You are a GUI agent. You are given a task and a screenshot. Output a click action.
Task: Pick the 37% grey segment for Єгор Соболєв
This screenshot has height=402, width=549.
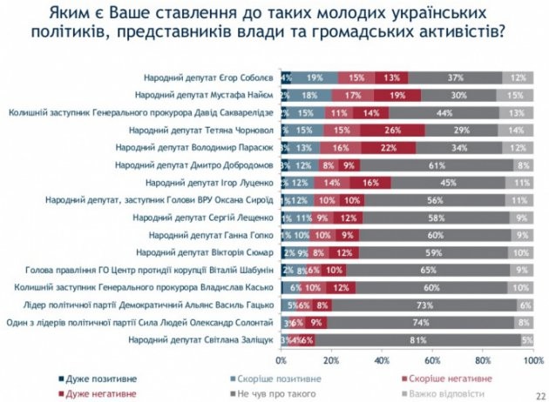pos(455,77)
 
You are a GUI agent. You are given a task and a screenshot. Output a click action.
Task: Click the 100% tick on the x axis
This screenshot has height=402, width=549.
pos(532,359)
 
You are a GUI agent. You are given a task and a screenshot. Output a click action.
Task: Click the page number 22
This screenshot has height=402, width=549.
pos(539,394)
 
